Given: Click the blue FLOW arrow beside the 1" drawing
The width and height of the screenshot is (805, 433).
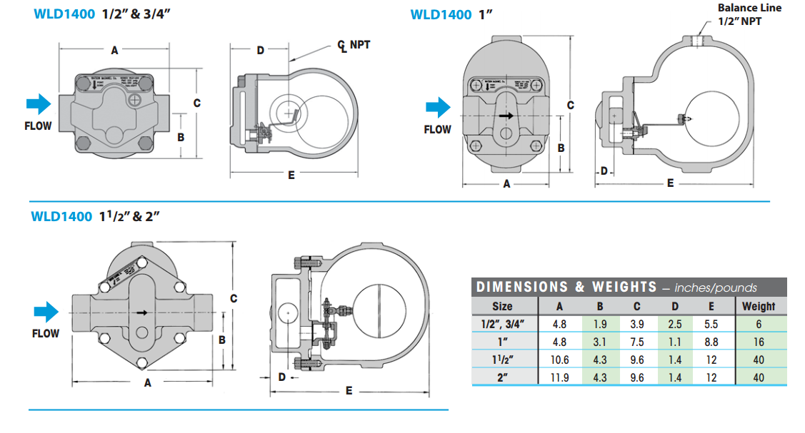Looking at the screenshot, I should (436, 108).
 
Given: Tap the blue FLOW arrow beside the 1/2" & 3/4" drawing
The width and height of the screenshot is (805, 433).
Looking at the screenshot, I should (38, 104).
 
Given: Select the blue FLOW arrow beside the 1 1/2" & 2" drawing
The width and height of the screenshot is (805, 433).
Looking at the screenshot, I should (46, 312).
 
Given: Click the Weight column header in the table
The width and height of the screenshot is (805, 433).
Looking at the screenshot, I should (758, 306).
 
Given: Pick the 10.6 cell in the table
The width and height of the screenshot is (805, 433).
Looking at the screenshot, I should (560, 360).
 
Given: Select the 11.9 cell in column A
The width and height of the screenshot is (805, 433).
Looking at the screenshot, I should (560, 378).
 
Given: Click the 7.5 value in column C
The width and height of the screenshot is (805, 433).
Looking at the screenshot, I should (636, 342).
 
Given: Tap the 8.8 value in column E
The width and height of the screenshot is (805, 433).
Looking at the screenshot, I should (711, 342).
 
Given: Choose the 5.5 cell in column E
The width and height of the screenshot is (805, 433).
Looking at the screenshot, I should (711, 324).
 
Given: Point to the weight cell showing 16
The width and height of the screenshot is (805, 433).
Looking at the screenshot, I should (758, 342).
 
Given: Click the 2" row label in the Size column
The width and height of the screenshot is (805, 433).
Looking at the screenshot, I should (502, 378).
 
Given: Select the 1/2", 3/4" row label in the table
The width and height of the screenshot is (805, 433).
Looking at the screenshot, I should (502, 324).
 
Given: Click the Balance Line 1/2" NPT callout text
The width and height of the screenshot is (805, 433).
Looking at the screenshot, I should (749, 14).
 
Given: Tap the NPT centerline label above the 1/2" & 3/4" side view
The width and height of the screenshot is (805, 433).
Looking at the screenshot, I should (354, 46).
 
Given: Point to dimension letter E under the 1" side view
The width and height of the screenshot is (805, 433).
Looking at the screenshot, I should (670, 183).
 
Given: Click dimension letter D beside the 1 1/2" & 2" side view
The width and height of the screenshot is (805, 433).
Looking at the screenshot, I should (281, 376).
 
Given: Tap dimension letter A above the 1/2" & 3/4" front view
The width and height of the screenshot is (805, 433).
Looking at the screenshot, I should (114, 51).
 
